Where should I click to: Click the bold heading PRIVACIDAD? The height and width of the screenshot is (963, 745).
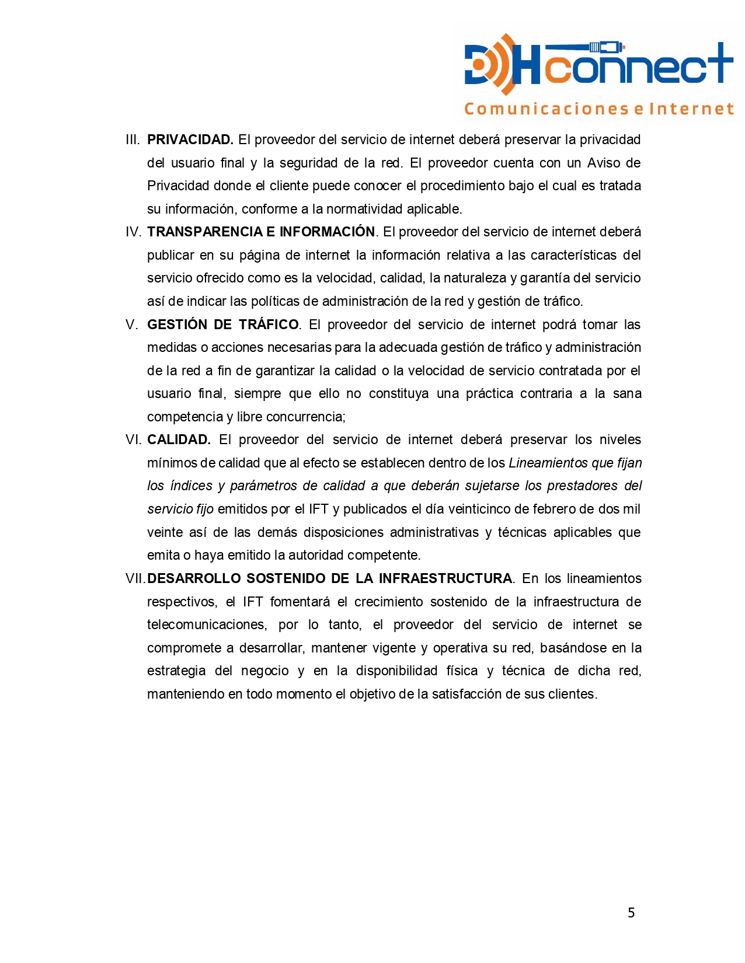click(190, 140)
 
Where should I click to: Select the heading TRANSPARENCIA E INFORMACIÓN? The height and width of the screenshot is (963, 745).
click(260, 232)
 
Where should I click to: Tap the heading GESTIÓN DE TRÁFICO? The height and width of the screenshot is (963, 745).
click(222, 325)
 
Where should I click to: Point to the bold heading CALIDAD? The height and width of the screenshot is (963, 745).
click(179, 440)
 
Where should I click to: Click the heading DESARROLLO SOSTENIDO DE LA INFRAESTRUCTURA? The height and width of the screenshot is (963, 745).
click(329, 579)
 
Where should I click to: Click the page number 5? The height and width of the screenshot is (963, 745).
click(631, 913)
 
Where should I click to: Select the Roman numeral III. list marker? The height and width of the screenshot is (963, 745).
click(133, 140)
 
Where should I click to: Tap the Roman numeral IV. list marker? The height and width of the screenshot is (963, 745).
click(133, 232)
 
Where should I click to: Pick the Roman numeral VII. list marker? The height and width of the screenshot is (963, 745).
click(135, 579)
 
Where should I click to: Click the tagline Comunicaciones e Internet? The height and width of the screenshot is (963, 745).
click(598, 109)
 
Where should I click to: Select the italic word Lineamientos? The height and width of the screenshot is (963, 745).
click(548, 463)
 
